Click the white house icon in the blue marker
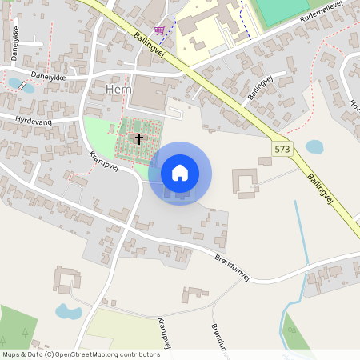tap(180, 172)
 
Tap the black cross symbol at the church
tap(139, 139)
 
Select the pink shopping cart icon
tap(160, 30)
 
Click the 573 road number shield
tap(282, 149)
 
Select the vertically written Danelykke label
tap(15, 43)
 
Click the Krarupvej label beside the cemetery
tap(104, 162)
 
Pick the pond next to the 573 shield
tap(314, 147)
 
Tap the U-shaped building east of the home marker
tap(245, 182)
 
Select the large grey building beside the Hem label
tap(149, 93)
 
